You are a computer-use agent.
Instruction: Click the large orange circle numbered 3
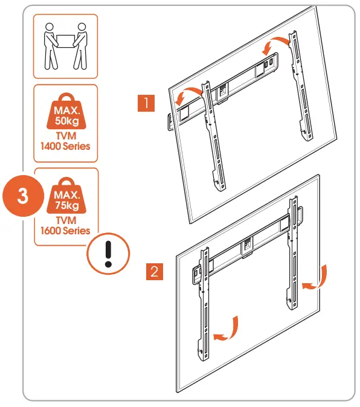(x=23, y=196)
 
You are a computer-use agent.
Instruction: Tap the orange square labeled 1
(x=146, y=103)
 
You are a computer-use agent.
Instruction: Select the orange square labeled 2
(x=155, y=272)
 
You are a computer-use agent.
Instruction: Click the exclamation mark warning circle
(x=108, y=254)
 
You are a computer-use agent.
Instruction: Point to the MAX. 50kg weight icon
(x=66, y=111)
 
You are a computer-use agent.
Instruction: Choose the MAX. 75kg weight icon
(x=66, y=196)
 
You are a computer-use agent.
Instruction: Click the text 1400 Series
(x=65, y=146)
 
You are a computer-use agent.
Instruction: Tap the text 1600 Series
(x=65, y=231)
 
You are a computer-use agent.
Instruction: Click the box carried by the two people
(x=65, y=41)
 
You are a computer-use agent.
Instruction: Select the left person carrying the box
(x=50, y=46)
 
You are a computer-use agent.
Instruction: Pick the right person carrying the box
(x=81, y=46)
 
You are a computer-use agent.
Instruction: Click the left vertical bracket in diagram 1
(x=214, y=136)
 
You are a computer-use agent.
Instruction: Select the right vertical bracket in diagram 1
(x=301, y=86)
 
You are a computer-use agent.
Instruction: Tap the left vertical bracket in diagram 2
(x=204, y=304)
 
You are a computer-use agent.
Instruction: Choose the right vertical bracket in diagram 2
(x=293, y=252)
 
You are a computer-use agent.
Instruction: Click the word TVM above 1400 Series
(x=66, y=136)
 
